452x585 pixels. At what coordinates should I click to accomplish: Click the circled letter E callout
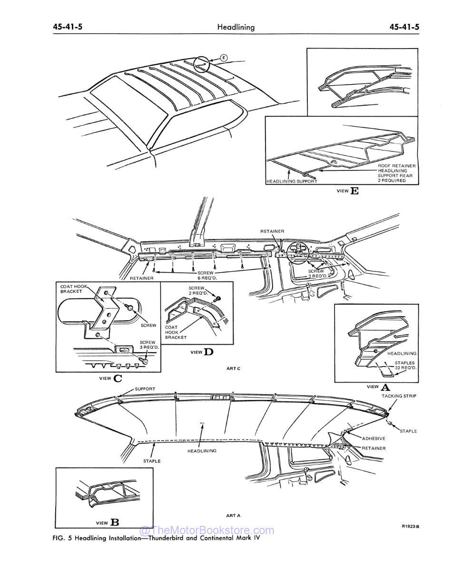pos(224,58)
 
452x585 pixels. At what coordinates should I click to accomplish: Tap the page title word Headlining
pos(236,27)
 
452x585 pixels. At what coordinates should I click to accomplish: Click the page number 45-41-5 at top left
pos(68,27)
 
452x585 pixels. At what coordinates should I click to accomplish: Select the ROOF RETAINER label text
pos(397,166)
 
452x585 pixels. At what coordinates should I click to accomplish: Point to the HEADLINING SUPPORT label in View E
pos(291,181)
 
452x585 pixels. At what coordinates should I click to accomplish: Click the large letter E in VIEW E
pos(354,191)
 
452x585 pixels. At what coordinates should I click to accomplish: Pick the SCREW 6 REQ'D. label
pos(207,275)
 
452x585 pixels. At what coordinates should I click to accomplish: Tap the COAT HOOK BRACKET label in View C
pos(71,288)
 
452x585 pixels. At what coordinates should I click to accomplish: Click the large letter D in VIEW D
pos(208,352)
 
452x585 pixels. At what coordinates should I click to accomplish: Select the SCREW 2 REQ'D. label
pos(197,290)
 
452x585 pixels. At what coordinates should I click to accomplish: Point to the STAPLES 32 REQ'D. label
pos(405,365)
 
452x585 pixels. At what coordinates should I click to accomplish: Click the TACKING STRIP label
pos(399,396)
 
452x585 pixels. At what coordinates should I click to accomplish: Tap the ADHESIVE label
pos(373,438)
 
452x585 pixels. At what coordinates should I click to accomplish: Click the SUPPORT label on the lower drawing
pos(145,389)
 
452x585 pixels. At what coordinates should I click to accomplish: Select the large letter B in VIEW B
pos(115,522)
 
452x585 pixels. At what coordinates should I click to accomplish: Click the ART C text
pos(233,368)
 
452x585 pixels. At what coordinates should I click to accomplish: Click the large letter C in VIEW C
pos(118,378)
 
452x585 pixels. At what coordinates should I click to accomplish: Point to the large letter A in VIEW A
pos(385,387)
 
